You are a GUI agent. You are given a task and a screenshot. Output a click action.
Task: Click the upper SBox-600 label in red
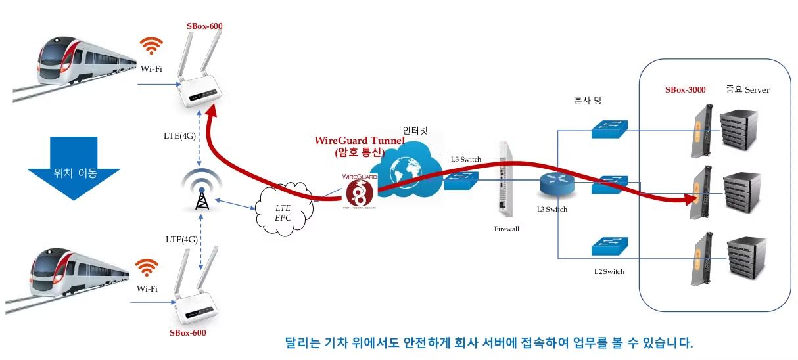pos(204,26)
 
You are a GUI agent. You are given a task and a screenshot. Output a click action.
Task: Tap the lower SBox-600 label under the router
pos(187,333)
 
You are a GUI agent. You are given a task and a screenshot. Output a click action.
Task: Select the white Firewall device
pos(504,179)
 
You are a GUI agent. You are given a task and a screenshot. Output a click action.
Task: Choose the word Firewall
pos(507,229)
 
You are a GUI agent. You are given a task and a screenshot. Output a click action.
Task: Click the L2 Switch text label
pos(609,271)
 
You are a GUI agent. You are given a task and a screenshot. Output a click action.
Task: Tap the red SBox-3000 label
pos(685,90)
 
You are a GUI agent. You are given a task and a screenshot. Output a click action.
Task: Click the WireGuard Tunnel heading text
pos(359,141)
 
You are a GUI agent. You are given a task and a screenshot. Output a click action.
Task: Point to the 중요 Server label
pos(747,89)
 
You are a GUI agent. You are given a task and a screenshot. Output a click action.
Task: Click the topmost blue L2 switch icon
pos(609,129)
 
